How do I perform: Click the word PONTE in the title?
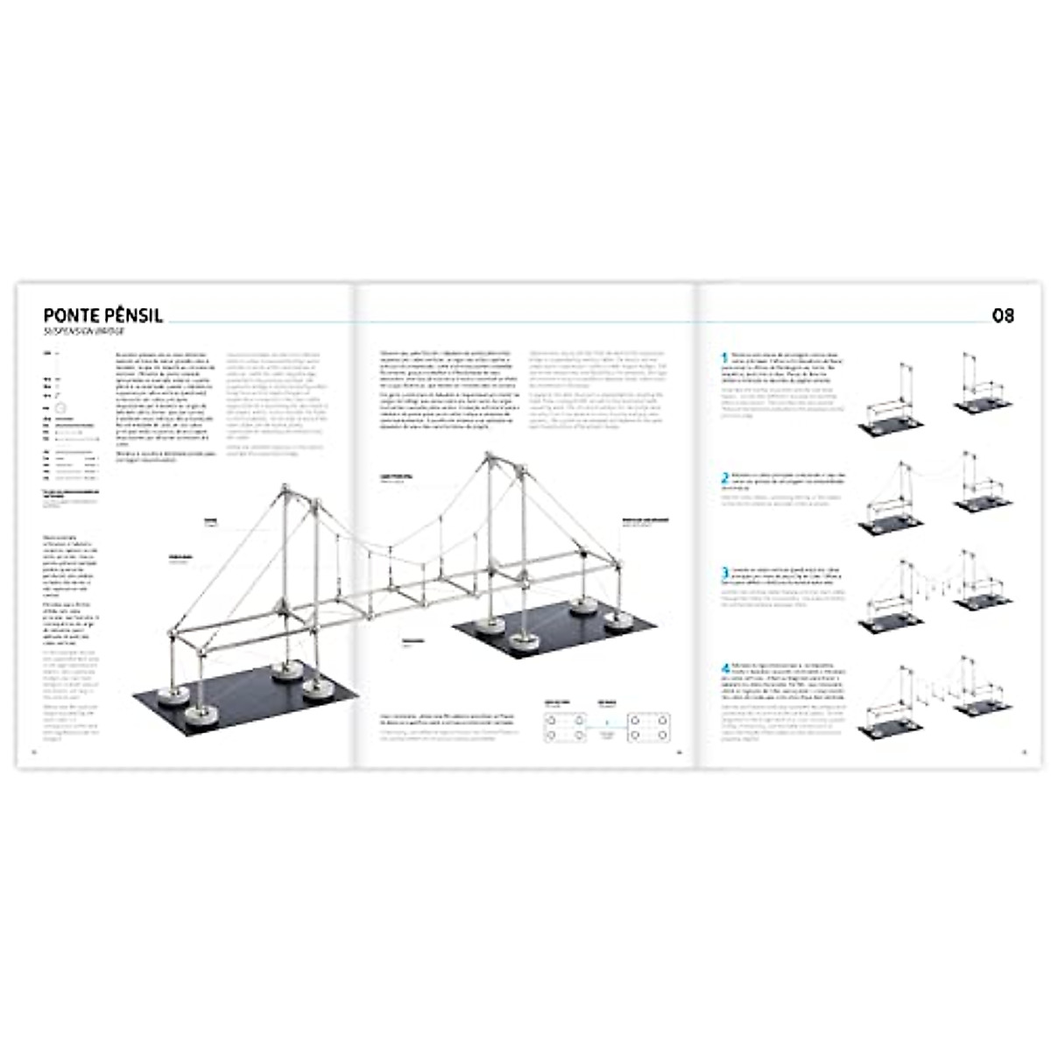pos(73,315)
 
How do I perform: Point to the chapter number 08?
pos(1003,315)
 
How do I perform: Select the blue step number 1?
pos(724,358)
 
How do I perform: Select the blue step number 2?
pos(724,479)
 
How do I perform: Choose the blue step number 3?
pos(724,574)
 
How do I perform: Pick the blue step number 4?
pos(724,668)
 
